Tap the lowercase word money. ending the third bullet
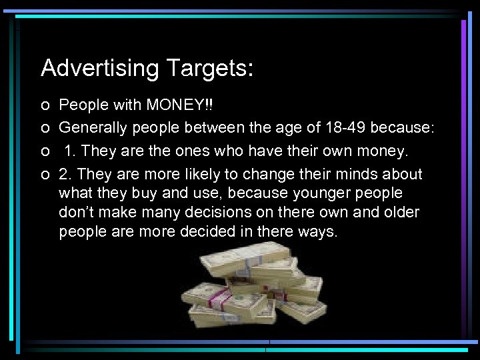(x=379, y=151)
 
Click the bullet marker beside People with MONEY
(x=44, y=106)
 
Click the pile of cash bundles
(x=253, y=287)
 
